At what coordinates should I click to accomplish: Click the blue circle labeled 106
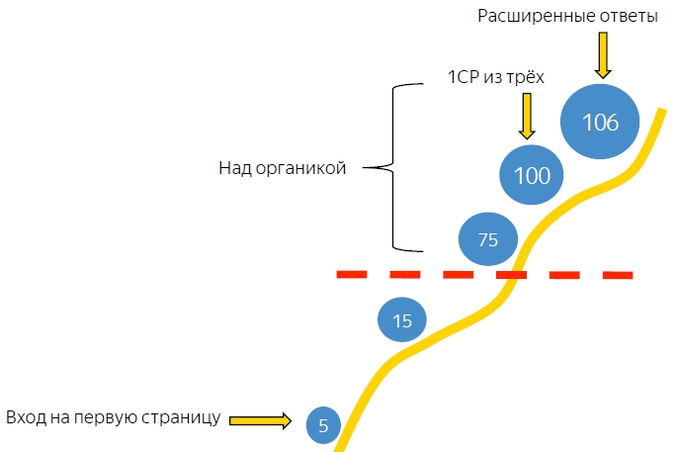(x=600, y=123)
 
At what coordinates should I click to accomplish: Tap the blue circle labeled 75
(x=487, y=239)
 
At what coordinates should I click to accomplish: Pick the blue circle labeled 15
(x=402, y=319)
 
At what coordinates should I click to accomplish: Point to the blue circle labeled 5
(x=322, y=424)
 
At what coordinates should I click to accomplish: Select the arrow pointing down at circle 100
(x=527, y=116)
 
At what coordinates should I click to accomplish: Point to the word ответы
(x=624, y=17)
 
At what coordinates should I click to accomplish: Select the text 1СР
(x=464, y=77)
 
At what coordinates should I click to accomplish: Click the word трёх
(x=526, y=77)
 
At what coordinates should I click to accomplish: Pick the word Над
(x=232, y=168)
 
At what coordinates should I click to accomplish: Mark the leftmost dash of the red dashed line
(x=352, y=274)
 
